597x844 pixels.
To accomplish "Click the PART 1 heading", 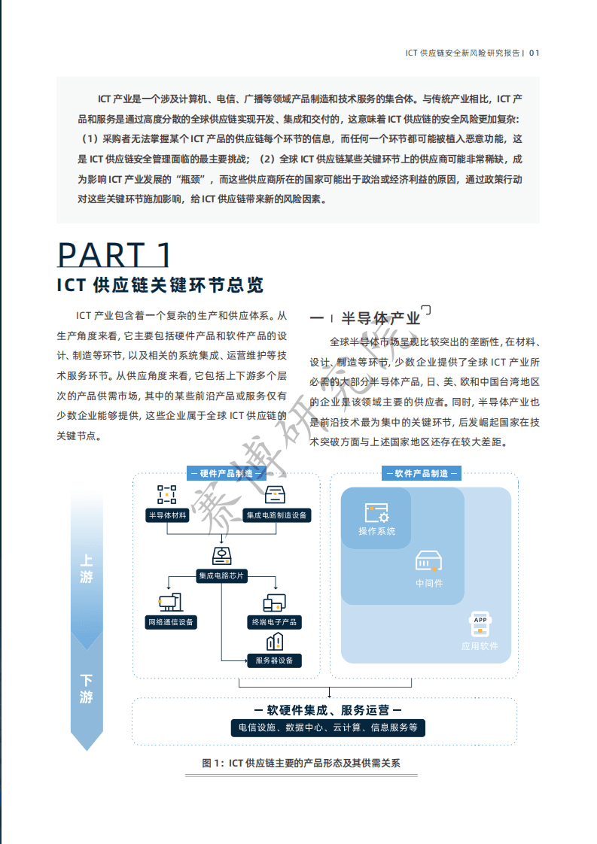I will click(114, 255).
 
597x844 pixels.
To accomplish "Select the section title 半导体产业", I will click(380, 317).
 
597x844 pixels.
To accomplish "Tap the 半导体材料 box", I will click(167, 515).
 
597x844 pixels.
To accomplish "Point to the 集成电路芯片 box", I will click(221, 575).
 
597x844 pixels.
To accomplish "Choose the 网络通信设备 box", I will click(171, 622).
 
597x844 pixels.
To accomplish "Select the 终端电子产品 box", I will click(274, 622).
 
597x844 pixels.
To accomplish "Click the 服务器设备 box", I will click(274, 660).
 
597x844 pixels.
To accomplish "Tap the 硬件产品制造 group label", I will click(227, 473).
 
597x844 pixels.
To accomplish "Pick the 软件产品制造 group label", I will click(422, 473).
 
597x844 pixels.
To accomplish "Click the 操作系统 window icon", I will click(376, 513).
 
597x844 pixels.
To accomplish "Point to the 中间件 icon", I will click(429, 560).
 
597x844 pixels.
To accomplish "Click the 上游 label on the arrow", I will click(87, 569).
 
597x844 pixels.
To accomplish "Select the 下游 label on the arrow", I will click(87, 688).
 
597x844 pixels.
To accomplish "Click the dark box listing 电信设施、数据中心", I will click(327, 727).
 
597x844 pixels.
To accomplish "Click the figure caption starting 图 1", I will click(301, 763).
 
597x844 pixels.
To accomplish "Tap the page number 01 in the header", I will click(535, 53).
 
